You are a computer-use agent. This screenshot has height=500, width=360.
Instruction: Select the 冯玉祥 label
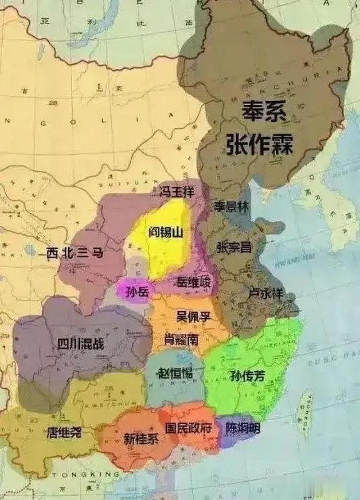click(x=178, y=192)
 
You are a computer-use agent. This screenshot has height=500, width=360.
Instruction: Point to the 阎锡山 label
click(x=166, y=233)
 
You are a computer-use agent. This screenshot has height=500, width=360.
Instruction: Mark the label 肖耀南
click(x=181, y=339)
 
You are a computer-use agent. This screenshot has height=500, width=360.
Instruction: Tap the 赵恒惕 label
click(x=175, y=373)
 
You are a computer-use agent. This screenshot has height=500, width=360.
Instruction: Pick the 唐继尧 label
click(x=64, y=433)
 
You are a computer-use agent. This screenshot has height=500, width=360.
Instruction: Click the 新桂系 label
click(x=141, y=439)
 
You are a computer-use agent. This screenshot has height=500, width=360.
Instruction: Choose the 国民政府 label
click(x=188, y=429)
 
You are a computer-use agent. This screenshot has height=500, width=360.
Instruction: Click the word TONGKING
click(x=86, y=475)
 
